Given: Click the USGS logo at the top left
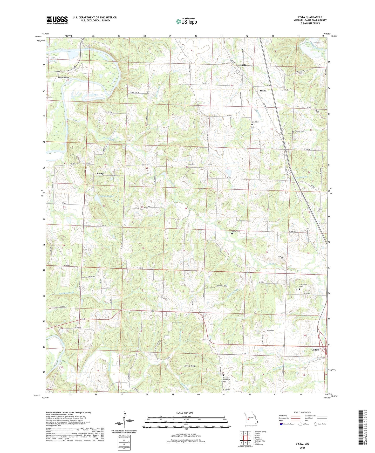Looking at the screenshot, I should [57, 20].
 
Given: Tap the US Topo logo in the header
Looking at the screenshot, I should [186, 21].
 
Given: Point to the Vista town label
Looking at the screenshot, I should [243, 65].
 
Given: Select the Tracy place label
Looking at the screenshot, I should [263, 91].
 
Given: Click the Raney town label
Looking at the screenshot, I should [100, 173].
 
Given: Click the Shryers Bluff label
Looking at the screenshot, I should [189, 366].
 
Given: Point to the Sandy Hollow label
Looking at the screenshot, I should [64, 77].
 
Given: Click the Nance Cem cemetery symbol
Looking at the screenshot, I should [232, 234].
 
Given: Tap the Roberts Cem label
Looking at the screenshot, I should [299, 131].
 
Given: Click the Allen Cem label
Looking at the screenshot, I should [270, 330].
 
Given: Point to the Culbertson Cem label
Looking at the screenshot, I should [303, 285].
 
